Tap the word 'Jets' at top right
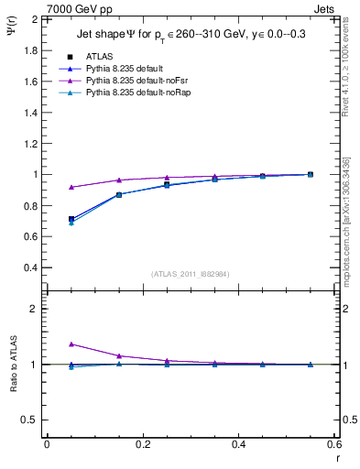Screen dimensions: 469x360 (325, 8)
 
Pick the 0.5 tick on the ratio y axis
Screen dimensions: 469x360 (29, 420)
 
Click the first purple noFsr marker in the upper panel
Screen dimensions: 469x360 (71, 187)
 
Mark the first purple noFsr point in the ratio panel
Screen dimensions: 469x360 (71, 344)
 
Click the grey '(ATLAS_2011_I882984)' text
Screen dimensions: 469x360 (189, 274)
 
